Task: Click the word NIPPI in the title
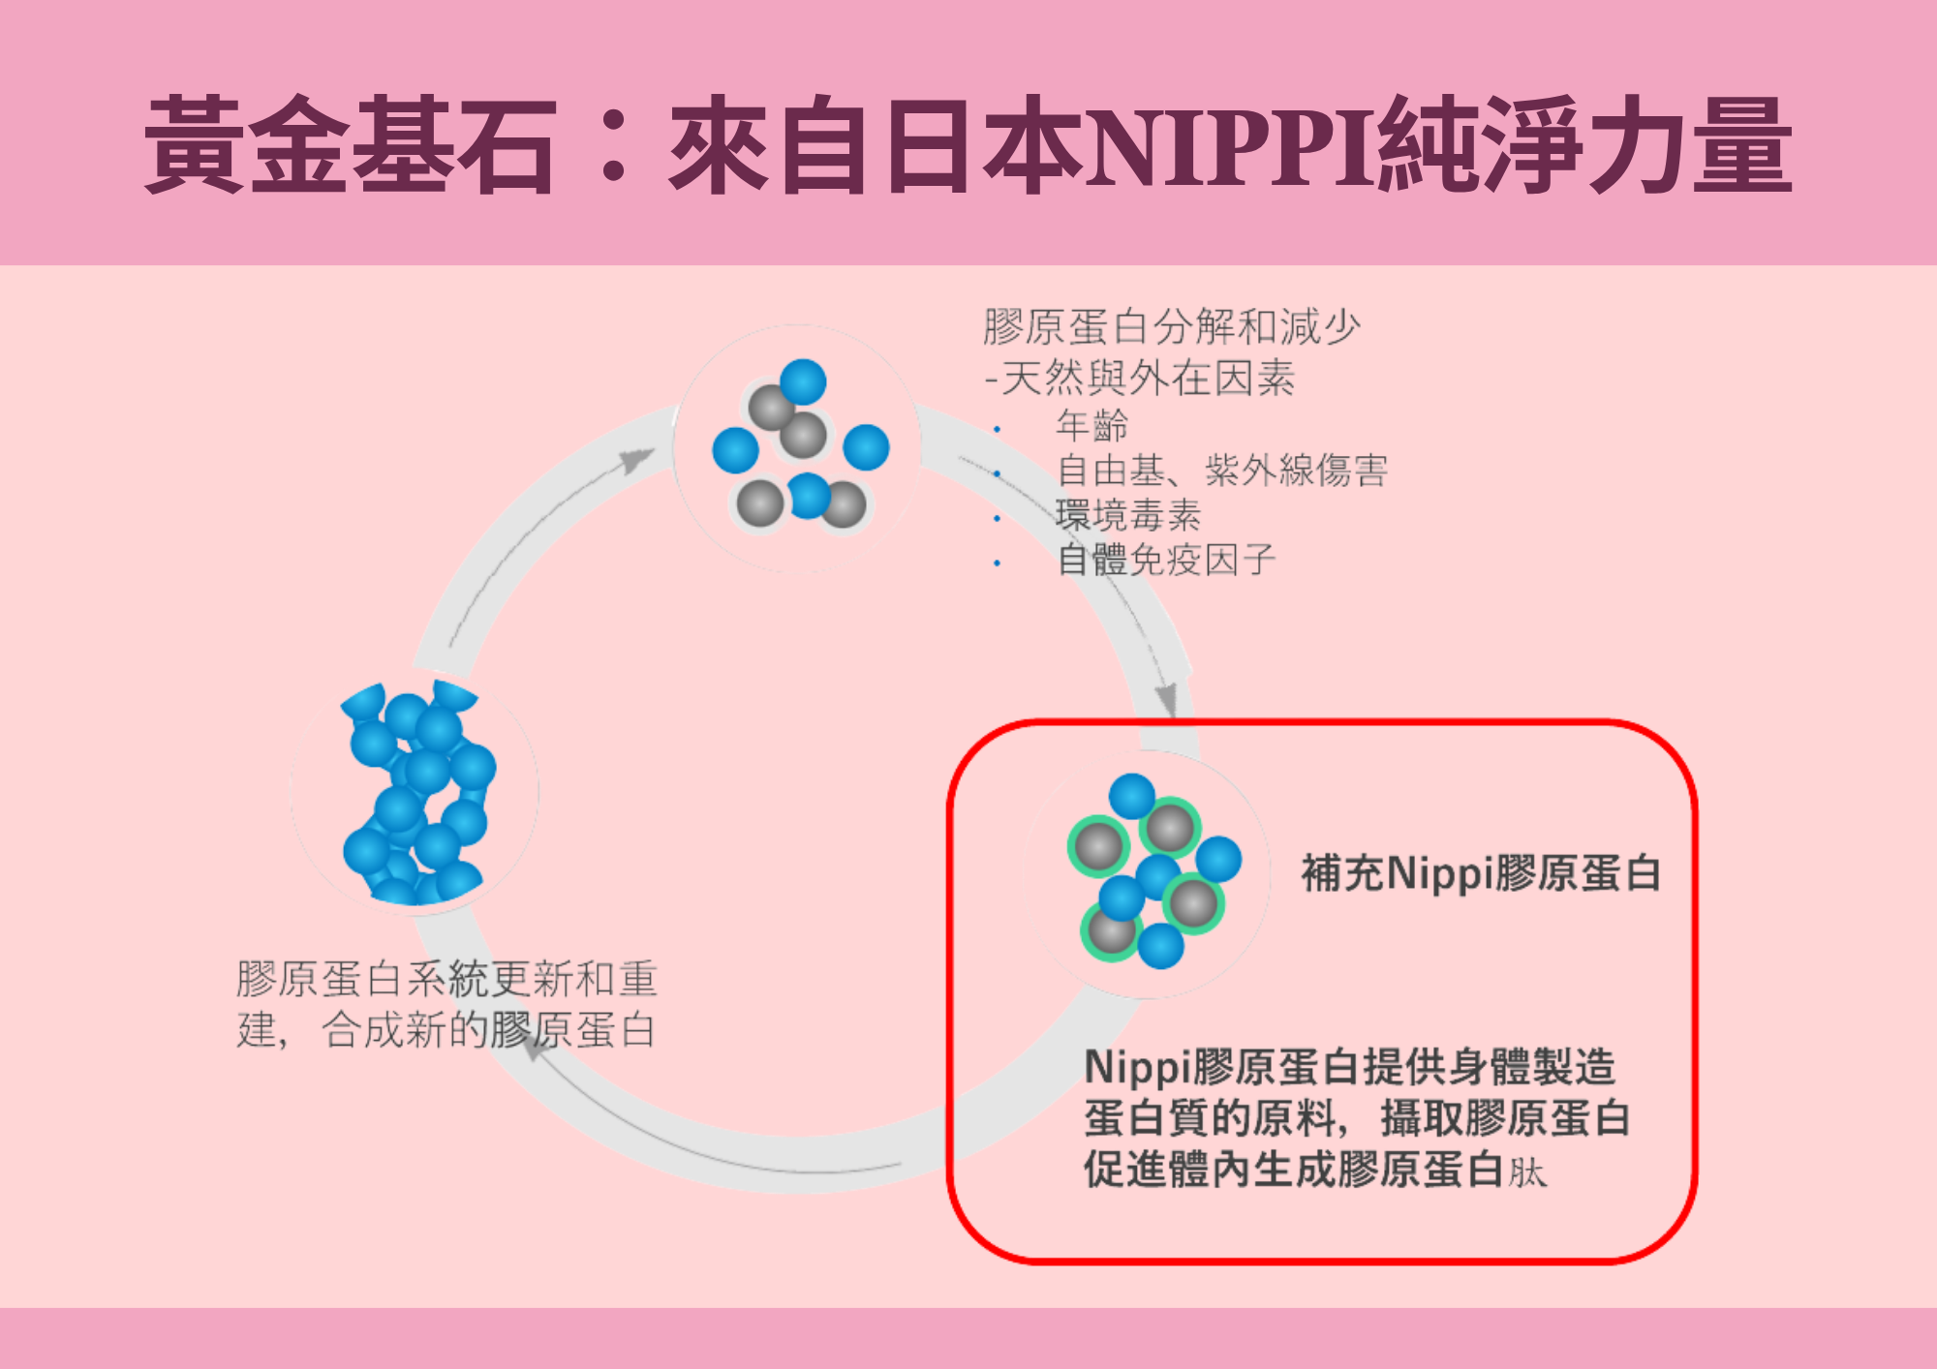tap(1230, 145)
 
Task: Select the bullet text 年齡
tap(1091, 425)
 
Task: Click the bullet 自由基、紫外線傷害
tap(1222, 471)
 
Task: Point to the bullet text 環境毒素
tap(1128, 515)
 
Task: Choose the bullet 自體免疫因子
tap(1166, 560)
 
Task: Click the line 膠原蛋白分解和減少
tap(1172, 327)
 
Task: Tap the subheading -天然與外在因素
tap(1140, 378)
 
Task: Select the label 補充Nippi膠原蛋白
tap(1481, 873)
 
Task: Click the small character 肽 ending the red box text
tap(1527, 1172)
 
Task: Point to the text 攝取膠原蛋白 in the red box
tap(1505, 1118)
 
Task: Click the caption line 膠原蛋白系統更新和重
tap(446, 979)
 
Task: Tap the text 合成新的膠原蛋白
tap(488, 1030)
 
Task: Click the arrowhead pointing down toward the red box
tap(1167, 699)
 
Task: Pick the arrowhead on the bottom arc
tap(535, 1047)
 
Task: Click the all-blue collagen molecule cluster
tap(416, 794)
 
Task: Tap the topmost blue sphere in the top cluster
tap(803, 382)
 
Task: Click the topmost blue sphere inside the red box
tap(1131, 796)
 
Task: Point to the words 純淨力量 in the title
tap(1584, 145)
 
